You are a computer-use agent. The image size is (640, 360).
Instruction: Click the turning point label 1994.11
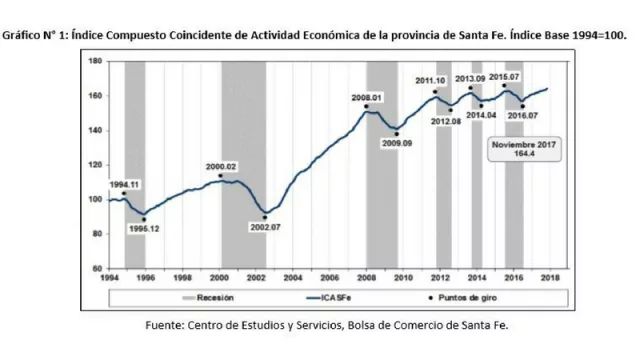point(124,185)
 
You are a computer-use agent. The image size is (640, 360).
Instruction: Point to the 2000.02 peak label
point(221,165)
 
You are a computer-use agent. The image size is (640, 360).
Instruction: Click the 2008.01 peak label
point(367,97)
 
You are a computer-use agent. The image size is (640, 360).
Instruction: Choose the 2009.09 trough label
point(398,143)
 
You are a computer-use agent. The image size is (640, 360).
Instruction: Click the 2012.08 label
point(446,120)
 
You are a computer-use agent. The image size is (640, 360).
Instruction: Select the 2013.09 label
point(470,78)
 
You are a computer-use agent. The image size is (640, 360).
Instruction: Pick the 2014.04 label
point(480,114)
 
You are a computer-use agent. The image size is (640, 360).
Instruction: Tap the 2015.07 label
point(504,77)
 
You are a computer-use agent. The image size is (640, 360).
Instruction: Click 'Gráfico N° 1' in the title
point(36,34)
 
